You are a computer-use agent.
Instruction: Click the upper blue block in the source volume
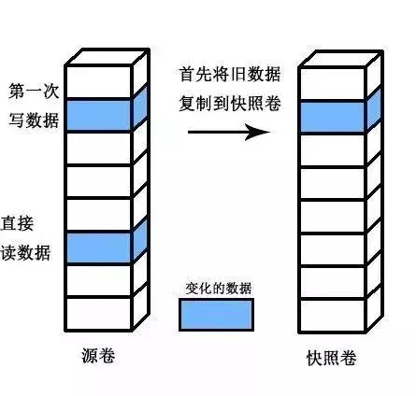click(x=98, y=115)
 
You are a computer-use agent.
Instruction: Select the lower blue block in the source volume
click(x=98, y=247)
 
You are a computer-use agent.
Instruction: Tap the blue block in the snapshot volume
click(x=332, y=116)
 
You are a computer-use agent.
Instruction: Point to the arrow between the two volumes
click(x=223, y=133)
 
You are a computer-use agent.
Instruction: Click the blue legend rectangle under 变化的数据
click(x=216, y=315)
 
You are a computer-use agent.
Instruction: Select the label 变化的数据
click(x=216, y=288)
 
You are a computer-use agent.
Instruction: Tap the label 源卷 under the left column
click(x=98, y=358)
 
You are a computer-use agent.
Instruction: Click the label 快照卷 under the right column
click(x=332, y=359)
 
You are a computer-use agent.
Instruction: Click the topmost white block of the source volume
click(x=98, y=82)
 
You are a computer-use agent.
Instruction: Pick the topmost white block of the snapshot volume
click(x=332, y=83)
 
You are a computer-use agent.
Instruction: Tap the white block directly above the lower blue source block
click(x=98, y=214)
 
